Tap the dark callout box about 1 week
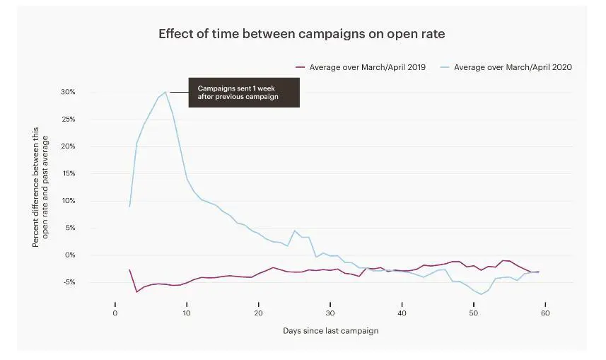click(244, 93)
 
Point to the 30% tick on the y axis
click(87, 93)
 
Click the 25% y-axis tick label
click(87, 120)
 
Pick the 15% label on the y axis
click(87, 174)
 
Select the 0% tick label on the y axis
click(89, 255)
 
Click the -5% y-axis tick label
click(88, 282)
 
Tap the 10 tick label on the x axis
click(187, 313)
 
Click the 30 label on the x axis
click(330, 313)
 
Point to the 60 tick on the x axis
click(545, 313)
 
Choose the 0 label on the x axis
click(115, 313)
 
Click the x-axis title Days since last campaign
click(330, 331)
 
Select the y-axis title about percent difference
click(40, 187)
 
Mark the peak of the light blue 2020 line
click(165, 92)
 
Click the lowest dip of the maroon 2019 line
click(136, 291)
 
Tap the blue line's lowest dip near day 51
click(482, 294)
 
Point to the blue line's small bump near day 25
click(295, 231)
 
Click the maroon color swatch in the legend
click(299, 67)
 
